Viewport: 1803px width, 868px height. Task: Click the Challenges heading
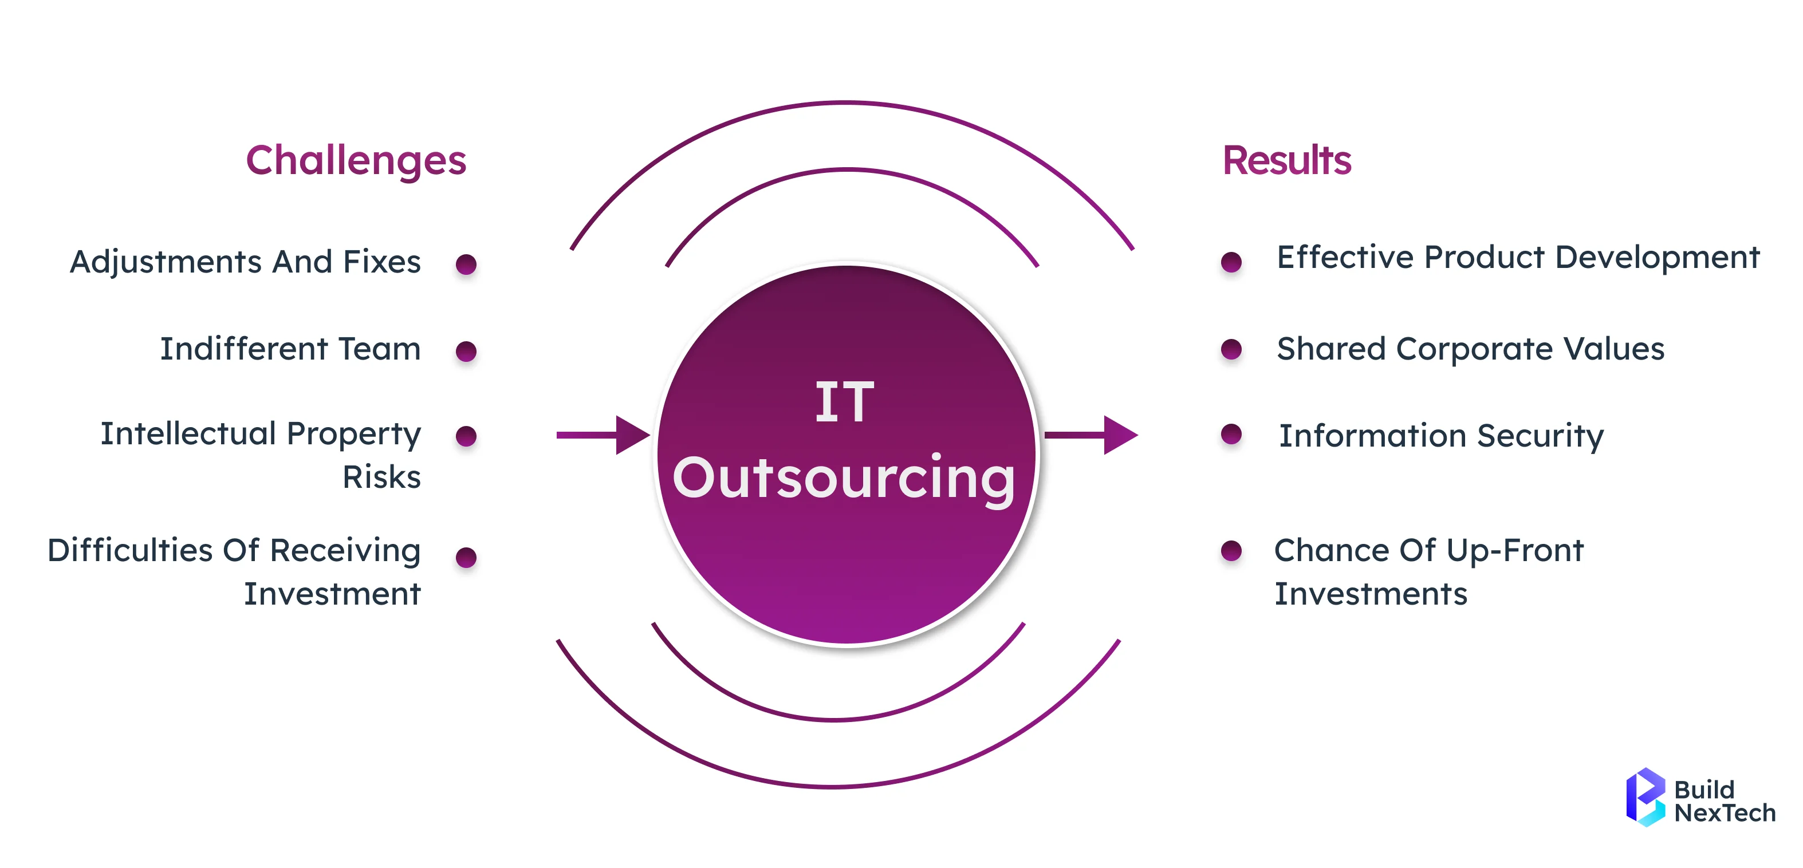[356, 161]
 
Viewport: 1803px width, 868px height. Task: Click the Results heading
[1286, 161]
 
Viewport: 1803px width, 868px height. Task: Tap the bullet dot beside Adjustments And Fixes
[466, 265]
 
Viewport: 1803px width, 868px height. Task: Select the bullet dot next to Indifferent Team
[466, 351]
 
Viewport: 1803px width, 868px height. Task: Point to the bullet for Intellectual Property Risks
[466, 436]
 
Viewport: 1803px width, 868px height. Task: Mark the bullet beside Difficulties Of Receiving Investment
[466, 558]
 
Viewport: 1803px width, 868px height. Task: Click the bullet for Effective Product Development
[1231, 262]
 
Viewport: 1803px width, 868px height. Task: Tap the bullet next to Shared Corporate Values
[1231, 349]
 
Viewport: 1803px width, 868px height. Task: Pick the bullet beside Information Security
[1231, 435]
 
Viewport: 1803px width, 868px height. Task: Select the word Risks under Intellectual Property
[381, 478]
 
